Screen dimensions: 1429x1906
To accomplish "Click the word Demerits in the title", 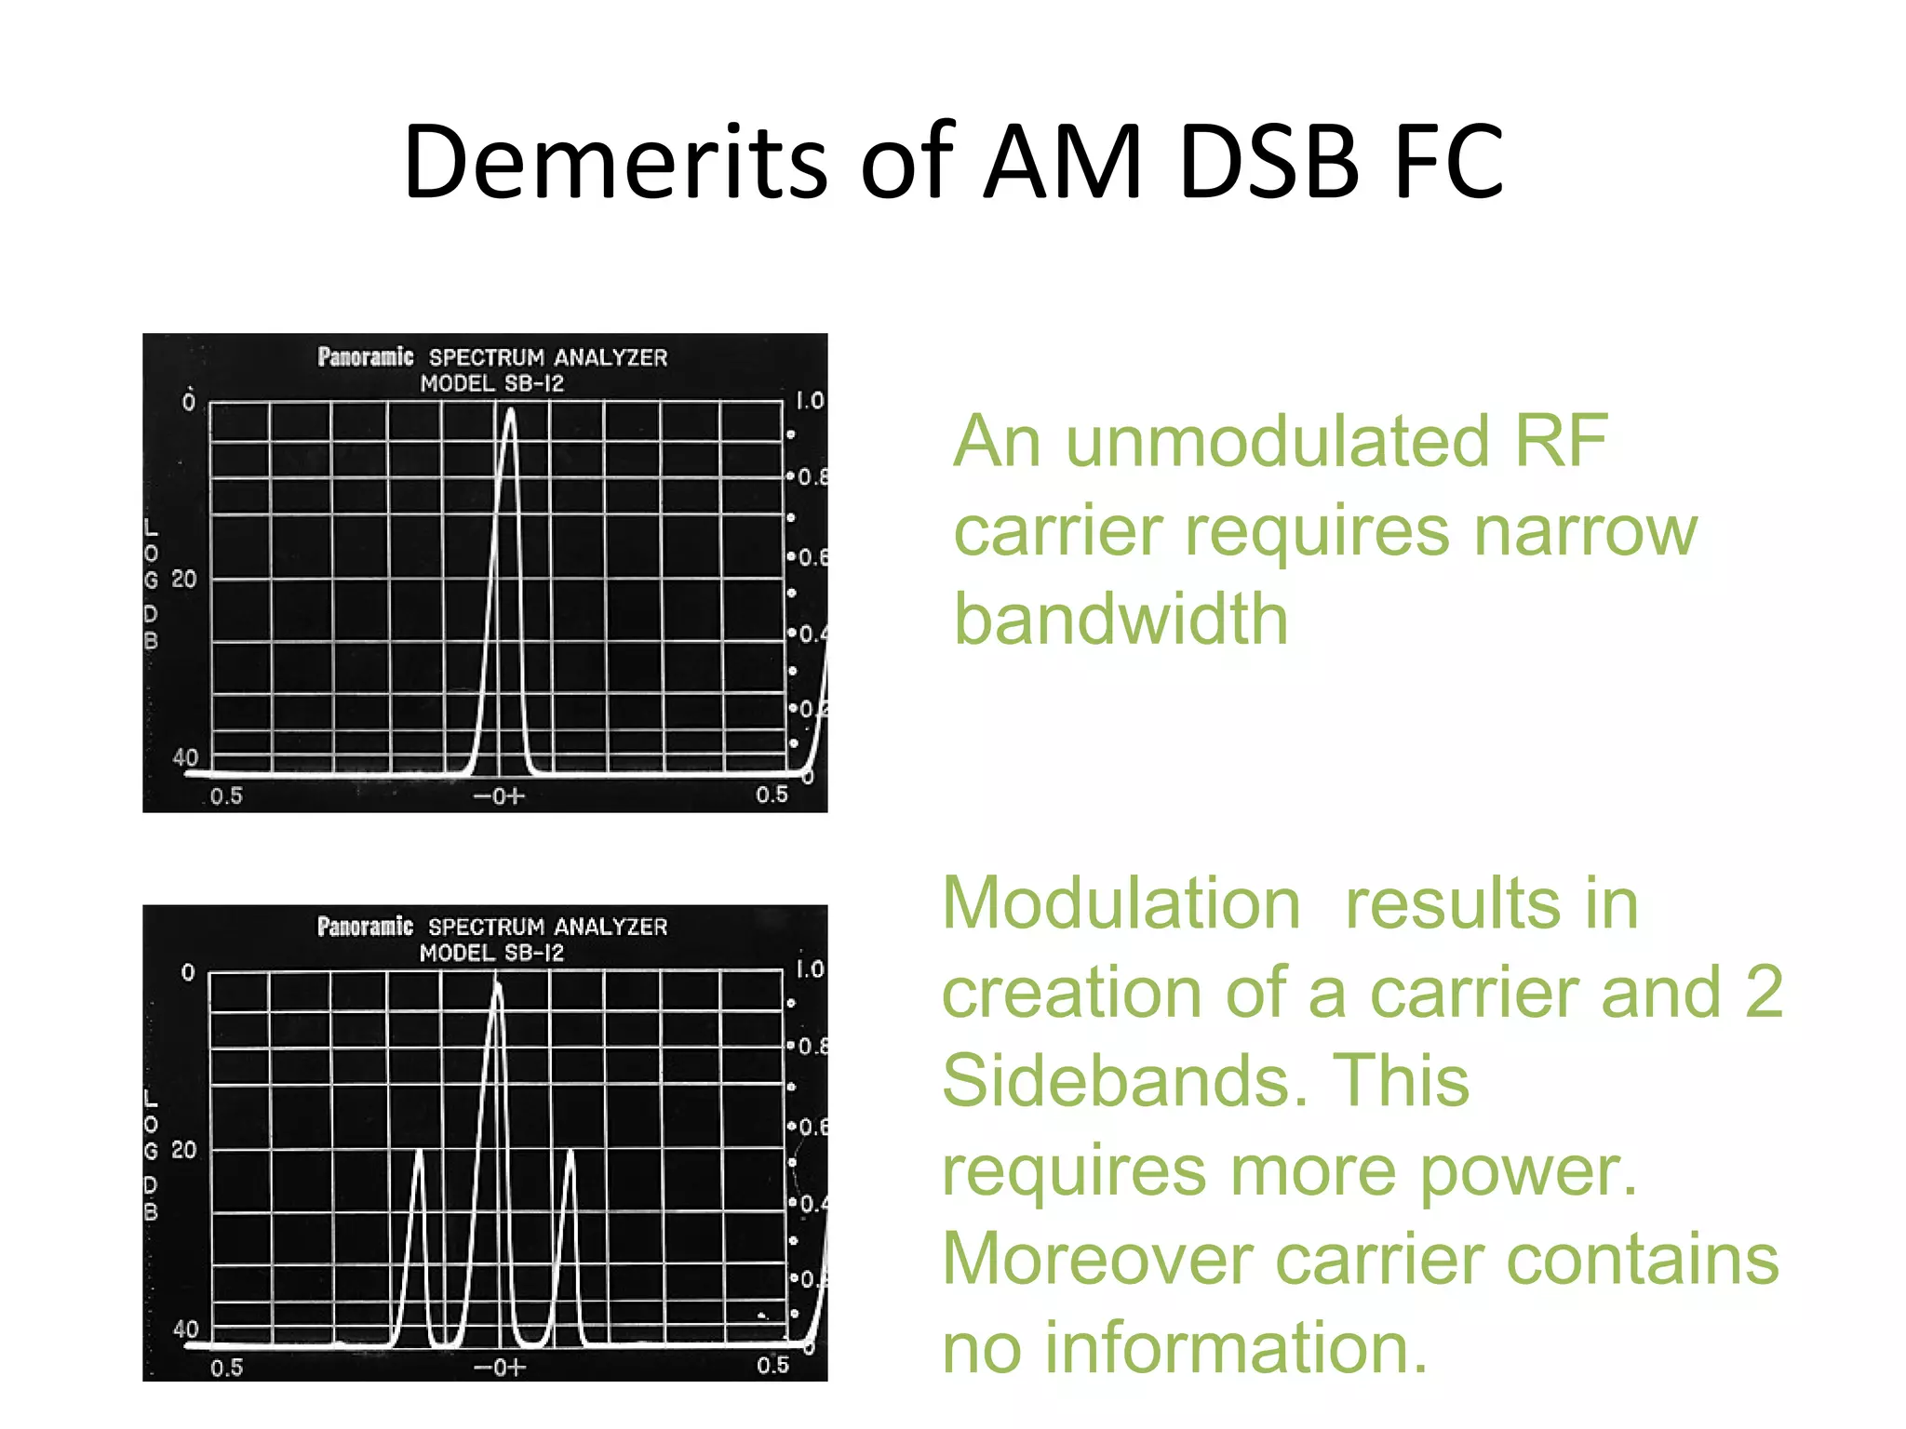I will pyautogui.click(x=615, y=163).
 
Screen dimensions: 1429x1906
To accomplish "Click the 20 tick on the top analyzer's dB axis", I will pyautogui.click(x=184, y=580).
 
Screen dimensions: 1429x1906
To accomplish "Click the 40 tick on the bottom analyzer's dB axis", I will pyautogui.click(x=185, y=1329).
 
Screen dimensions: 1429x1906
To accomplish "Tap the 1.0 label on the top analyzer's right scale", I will pyautogui.click(x=809, y=401).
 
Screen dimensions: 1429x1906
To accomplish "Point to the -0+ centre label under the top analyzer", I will pyautogui.click(x=500, y=796).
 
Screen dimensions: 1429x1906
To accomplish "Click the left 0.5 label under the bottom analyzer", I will pyautogui.click(x=226, y=1368).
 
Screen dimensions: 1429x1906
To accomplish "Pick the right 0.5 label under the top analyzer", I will pyautogui.click(x=772, y=795).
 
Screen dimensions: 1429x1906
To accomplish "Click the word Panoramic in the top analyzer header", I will pyautogui.click(x=365, y=357).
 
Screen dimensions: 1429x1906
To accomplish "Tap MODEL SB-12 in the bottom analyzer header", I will pyautogui.click(x=491, y=953).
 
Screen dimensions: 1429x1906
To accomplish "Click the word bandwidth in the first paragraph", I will pyautogui.click(x=1121, y=620).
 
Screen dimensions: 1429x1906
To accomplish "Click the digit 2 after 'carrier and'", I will pyautogui.click(x=1763, y=993).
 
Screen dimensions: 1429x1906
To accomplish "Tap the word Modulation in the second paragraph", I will pyautogui.click(x=1121, y=903).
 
